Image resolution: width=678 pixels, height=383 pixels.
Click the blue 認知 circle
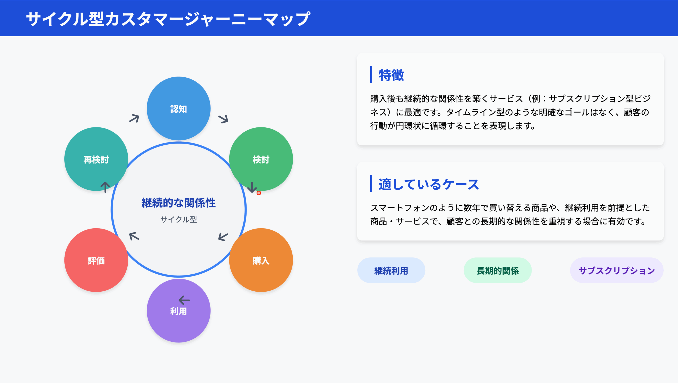[x=179, y=109]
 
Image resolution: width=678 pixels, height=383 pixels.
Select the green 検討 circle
[x=261, y=159]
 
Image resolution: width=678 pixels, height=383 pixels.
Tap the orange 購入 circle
[x=261, y=260]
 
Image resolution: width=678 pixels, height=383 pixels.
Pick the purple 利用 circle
[x=179, y=311]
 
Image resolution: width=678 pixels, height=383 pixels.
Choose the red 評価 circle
[x=96, y=260]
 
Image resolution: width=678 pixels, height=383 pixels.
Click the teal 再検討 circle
[x=96, y=159]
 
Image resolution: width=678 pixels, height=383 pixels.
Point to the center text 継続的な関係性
[x=179, y=203]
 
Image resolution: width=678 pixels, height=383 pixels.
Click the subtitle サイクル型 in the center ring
[x=179, y=219]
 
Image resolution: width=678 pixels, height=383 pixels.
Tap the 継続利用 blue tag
[x=391, y=270]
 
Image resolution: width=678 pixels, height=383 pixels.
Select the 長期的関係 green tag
[x=498, y=270]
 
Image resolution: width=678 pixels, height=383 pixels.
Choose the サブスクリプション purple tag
[x=617, y=270]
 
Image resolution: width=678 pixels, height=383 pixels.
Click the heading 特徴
[x=391, y=75]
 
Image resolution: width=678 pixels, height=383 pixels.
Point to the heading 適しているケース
[x=429, y=184]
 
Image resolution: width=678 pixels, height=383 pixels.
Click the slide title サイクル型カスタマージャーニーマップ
[x=168, y=19]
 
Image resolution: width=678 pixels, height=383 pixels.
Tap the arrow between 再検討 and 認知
[x=134, y=118]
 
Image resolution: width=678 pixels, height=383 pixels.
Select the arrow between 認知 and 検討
[x=223, y=119]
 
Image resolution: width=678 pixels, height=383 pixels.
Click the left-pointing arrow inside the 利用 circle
[x=184, y=300]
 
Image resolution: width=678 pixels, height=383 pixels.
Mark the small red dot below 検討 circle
[x=259, y=193]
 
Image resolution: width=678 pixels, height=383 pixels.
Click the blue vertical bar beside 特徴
[x=371, y=75]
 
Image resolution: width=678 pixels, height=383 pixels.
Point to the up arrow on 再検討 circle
[x=105, y=187]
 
